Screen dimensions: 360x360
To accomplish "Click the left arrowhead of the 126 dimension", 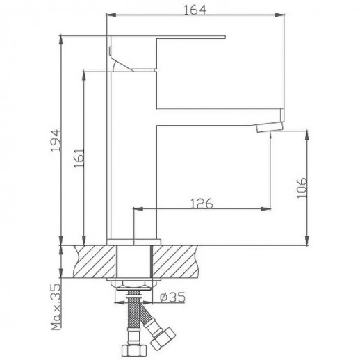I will point(135,208).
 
